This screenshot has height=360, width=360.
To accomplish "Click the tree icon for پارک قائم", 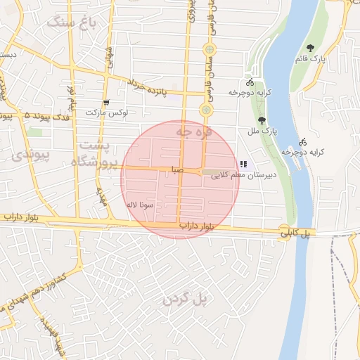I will pos(310,48).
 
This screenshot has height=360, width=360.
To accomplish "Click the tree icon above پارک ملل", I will pos(262,120).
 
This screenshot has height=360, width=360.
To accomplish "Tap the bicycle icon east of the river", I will pos(302,141).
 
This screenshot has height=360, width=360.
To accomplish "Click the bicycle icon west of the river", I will pos(250,82).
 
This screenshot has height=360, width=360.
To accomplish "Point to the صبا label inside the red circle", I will pos(176,170).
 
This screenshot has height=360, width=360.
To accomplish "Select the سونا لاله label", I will pos(140,204).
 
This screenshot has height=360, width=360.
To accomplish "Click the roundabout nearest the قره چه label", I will pos(205,110).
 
